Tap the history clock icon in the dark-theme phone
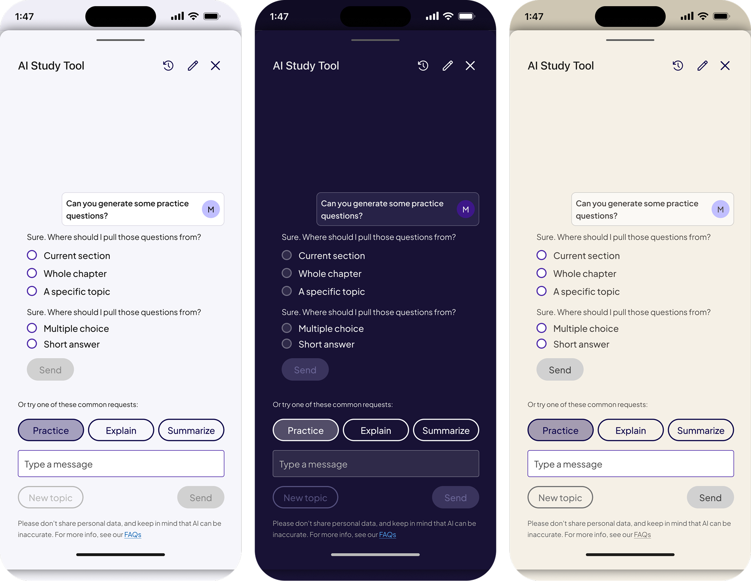click(423, 66)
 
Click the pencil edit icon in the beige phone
click(702, 66)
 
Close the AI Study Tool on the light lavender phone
click(215, 66)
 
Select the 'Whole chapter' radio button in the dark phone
click(287, 273)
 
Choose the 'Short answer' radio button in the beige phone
click(541, 344)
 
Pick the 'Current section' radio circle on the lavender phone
click(32, 255)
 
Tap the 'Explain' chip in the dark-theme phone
click(376, 430)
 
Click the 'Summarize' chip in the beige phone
click(701, 430)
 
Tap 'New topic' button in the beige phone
click(560, 497)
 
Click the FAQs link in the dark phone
click(387, 535)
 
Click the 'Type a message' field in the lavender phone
click(121, 463)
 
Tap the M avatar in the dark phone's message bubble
click(466, 209)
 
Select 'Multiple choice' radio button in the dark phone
click(287, 328)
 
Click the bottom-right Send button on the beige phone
click(710, 497)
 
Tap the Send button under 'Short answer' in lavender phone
click(50, 369)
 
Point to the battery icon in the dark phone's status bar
click(467, 16)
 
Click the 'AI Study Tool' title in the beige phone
click(561, 66)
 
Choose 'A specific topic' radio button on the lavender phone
click(32, 291)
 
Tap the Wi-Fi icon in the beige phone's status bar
click(703, 16)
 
